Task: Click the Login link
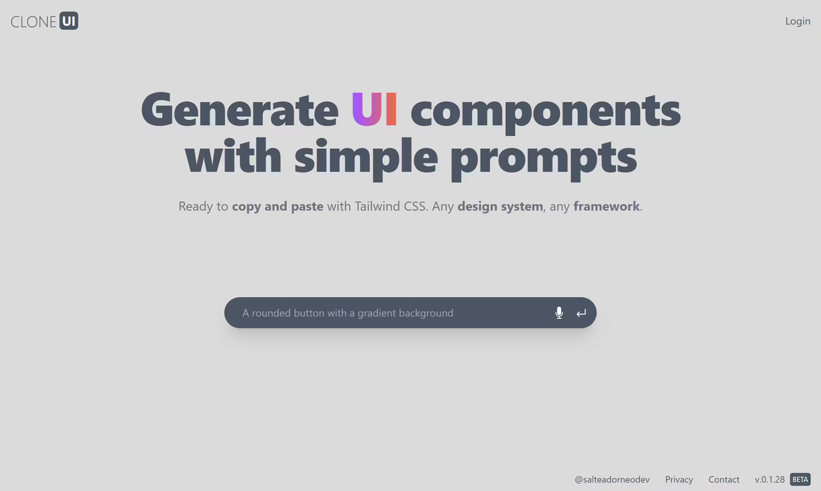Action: click(x=797, y=21)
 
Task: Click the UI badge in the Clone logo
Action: click(x=69, y=21)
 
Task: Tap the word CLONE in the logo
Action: click(x=33, y=22)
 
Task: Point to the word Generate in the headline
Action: click(x=239, y=110)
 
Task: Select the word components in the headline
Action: click(x=545, y=110)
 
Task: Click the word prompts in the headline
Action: click(x=543, y=157)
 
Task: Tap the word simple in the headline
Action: click(x=366, y=157)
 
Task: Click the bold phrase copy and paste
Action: click(x=277, y=207)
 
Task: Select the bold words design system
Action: click(x=500, y=207)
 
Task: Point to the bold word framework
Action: click(x=606, y=207)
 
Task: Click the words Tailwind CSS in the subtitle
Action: click(x=391, y=207)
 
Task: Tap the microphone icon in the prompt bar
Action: click(x=559, y=313)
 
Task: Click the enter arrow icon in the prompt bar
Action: click(x=581, y=313)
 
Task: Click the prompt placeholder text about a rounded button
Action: click(x=348, y=313)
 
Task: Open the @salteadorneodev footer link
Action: click(x=612, y=479)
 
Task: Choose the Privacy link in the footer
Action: click(x=679, y=479)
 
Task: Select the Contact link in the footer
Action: click(x=724, y=479)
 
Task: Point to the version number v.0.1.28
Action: click(x=770, y=479)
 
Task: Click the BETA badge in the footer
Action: click(x=800, y=479)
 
